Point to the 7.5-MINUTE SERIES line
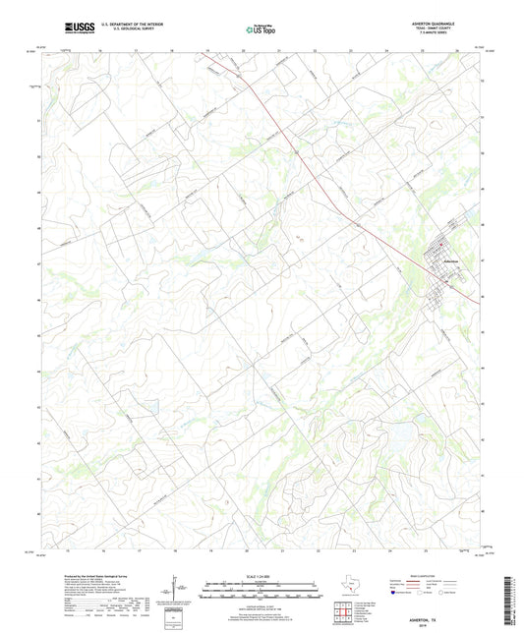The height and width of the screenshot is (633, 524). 440,36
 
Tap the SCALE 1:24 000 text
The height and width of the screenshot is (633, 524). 261,575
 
